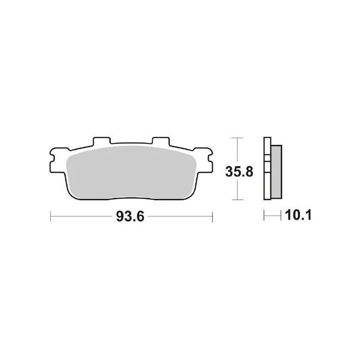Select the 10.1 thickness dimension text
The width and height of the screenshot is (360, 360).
(x=297, y=217)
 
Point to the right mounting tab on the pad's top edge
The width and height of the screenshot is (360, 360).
(x=159, y=142)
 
